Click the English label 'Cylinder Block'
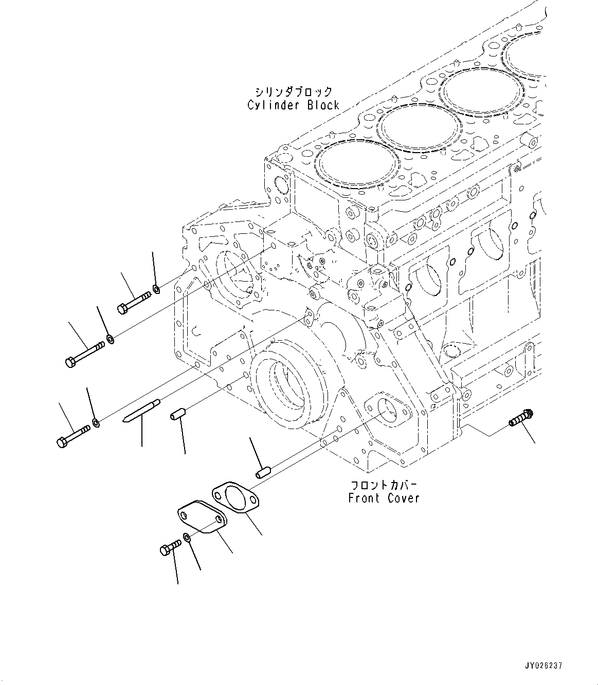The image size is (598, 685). coord(293,105)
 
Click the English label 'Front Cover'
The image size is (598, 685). coord(384,498)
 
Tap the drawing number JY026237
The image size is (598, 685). coord(543,665)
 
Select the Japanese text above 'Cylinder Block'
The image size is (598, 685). coord(294,92)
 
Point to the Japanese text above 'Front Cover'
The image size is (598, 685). coord(384,485)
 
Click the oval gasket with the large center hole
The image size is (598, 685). coord(235,497)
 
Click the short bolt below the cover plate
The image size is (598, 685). coord(170,548)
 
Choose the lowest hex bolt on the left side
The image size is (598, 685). coord(72,435)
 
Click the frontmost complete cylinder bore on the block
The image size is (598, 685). coord(359,164)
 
